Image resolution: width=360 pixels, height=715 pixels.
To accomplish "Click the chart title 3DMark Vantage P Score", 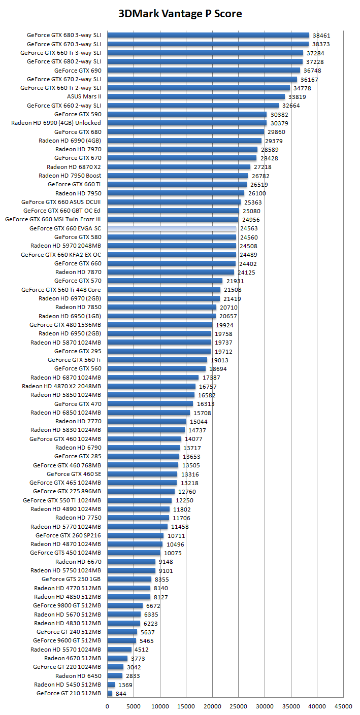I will click(180, 14).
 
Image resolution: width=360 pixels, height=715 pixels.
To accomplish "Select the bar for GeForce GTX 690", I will click(204, 71).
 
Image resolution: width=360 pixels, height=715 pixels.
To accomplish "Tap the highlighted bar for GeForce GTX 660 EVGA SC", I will click(172, 228).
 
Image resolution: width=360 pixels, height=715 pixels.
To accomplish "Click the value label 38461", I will click(321, 36).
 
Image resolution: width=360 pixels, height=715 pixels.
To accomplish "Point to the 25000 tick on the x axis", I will click(238, 705).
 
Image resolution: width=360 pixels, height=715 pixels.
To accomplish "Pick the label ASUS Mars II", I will click(84, 96).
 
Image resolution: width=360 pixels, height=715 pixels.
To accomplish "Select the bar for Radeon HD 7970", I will click(182, 149).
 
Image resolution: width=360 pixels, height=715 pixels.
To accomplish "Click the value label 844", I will click(121, 693).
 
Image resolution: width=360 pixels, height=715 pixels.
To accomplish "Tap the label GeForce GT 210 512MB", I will click(69, 693).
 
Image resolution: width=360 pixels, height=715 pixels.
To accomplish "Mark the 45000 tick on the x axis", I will click(343, 705).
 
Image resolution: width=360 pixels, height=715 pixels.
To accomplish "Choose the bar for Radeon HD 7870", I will click(171, 272).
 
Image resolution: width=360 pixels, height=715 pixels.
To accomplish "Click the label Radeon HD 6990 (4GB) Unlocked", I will click(56, 123).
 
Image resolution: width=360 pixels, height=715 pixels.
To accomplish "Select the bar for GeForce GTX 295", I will click(159, 351).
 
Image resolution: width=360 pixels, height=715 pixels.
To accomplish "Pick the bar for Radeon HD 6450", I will click(115, 675).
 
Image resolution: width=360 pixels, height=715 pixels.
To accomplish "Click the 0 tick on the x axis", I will click(107, 705).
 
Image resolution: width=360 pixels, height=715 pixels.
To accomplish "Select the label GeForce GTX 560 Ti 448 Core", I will click(61, 290).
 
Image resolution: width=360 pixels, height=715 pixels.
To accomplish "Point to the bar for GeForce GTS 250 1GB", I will click(129, 579).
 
